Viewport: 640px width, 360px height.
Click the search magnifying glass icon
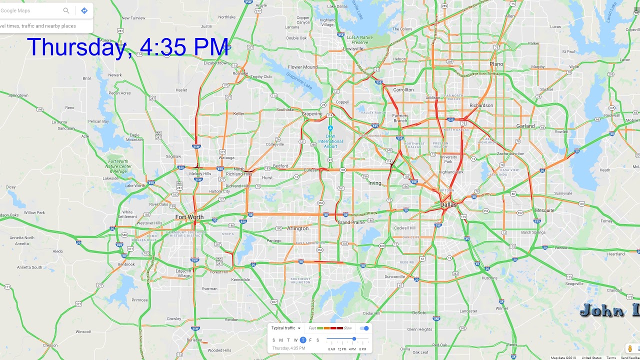66,10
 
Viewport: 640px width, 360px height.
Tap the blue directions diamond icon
84,10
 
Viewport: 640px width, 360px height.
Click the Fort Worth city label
189,217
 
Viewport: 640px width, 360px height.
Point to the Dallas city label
448,205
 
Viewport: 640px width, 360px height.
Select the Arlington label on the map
297,228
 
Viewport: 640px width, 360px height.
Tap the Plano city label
496,64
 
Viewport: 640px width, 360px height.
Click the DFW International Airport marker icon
330,128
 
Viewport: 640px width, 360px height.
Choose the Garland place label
525,126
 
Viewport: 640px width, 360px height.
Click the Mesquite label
544,210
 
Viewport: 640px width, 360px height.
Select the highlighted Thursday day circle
303,340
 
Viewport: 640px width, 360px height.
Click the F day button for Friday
310,340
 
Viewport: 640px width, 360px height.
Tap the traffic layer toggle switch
364,328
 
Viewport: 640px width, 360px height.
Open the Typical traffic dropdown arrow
299,328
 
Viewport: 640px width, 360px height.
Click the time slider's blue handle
354,339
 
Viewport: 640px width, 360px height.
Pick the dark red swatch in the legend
340,328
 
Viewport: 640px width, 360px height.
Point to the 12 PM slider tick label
342,349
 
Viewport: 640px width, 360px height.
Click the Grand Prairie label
351,222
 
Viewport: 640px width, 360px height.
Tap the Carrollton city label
403,90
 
